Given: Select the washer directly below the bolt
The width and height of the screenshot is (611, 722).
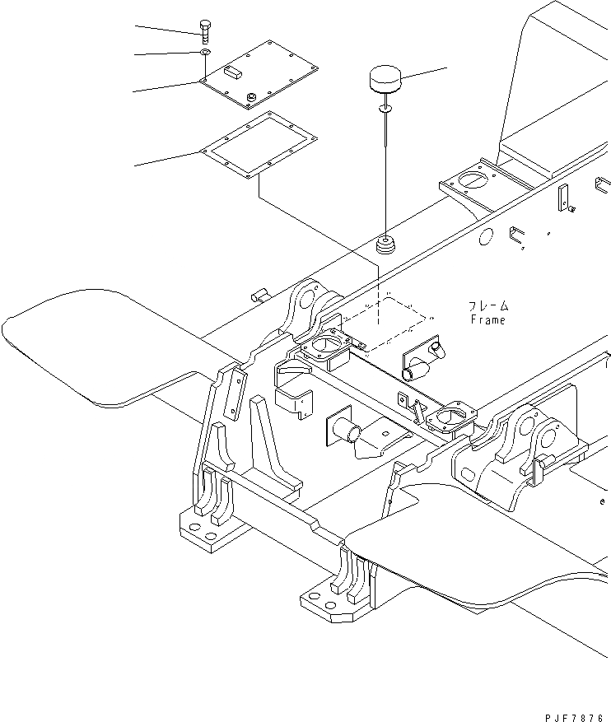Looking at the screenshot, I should click(x=204, y=54).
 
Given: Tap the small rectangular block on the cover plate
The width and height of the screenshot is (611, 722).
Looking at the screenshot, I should click(x=232, y=72).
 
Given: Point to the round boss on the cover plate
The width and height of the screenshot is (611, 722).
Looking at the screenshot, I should click(x=250, y=99).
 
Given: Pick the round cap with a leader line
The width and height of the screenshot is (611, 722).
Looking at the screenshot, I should click(x=384, y=82).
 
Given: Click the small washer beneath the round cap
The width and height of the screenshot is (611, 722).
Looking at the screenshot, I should click(x=385, y=109).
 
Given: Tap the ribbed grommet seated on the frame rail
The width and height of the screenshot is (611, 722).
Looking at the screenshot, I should click(x=385, y=244).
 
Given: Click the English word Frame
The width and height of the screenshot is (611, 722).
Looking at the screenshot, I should click(x=487, y=320).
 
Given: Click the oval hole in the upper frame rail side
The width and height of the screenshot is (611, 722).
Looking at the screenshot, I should click(x=485, y=238).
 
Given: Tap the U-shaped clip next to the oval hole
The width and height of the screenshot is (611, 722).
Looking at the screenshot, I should click(x=515, y=235).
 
